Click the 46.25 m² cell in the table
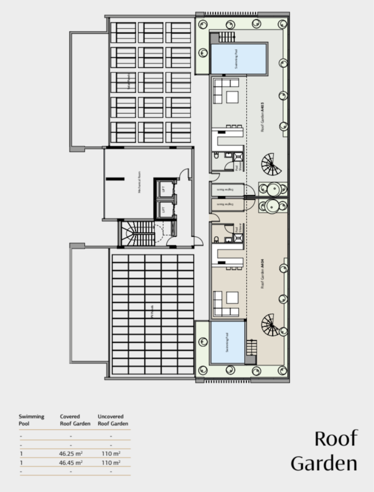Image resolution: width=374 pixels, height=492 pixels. (x=71, y=453)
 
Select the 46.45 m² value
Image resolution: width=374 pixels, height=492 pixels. (x=71, y=463)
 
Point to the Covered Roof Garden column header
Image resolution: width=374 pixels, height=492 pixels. (x=75, y=420)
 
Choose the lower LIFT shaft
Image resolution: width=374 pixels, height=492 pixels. (x=163, y=210)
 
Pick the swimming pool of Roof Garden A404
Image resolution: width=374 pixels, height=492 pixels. (x=227, y=343)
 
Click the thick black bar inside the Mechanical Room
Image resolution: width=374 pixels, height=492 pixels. (x=115, y=178)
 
